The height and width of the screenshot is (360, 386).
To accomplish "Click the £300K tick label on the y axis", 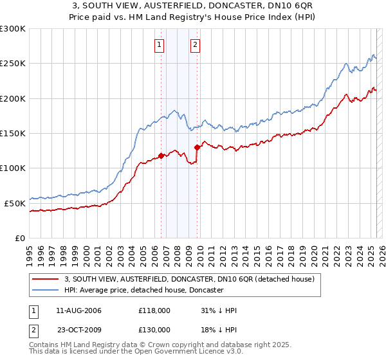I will (13, 29).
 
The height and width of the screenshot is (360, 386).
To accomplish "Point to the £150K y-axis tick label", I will (13, 134).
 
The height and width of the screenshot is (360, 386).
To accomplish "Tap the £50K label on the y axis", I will (15, 203).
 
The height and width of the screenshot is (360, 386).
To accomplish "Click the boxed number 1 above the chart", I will (159, 45).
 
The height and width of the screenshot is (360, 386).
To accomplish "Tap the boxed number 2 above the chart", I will (195, 45).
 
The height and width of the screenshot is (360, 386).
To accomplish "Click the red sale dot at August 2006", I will (161, 155).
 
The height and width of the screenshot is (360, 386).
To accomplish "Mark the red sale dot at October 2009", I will (198, 147).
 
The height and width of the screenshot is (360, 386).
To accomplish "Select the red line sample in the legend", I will (46, 279).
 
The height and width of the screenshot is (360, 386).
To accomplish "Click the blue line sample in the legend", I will (46, 290).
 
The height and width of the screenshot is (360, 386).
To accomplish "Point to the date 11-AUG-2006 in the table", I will (79, 310).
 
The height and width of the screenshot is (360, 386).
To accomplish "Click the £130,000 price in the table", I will (154, 329).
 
